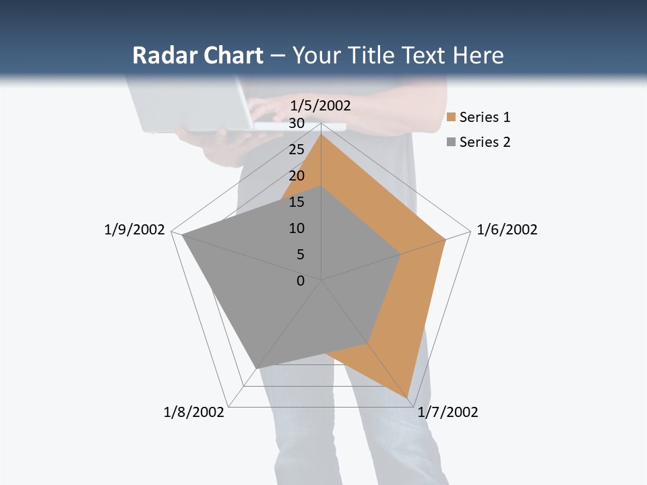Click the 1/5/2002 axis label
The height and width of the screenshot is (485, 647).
click(x=320, y=105)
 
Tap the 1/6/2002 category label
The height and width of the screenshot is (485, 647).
click(x=507, y=230)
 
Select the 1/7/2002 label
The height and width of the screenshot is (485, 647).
click(x=448, y=412)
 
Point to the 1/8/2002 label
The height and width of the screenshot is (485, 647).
click(x=193, y=412)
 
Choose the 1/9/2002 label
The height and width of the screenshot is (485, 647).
click(x=134, y=230)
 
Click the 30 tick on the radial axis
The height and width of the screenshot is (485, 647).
click(x=296, y=123)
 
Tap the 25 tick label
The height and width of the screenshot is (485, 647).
click(x=296, y=150)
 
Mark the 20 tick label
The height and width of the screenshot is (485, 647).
click(x=296, y=176)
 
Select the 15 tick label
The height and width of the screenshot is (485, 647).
click(x=296, y=202)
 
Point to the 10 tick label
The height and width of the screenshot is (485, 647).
click(x=296, y=228)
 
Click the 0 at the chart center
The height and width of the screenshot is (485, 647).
click(x=301, y=281)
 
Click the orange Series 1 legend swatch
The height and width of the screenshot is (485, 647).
click(x=452, y=118)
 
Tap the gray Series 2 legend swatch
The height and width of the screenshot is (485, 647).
click(x=452, y=142)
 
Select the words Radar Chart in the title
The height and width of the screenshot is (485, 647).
click(x=197, y=55)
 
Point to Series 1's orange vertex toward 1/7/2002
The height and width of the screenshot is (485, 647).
click(x=408, y=397)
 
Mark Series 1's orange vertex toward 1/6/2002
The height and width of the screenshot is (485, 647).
click(x=445, y=239)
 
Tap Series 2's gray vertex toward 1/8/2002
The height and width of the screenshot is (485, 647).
click(x=257, y=368)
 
